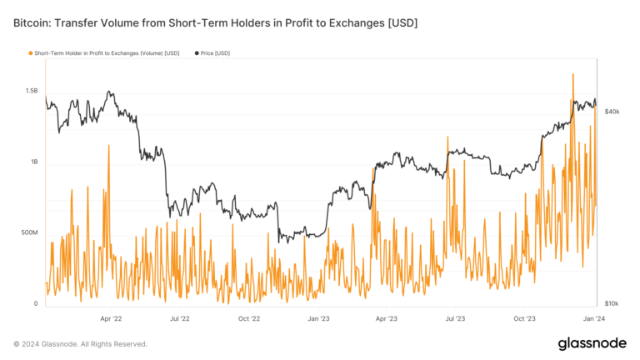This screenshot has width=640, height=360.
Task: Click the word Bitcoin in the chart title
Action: pos(32,22)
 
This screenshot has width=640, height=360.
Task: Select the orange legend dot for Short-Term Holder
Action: pos(31,53)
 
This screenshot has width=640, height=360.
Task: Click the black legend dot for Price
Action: pos(197,53)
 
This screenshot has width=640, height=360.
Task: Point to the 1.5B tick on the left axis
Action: pos(31,90)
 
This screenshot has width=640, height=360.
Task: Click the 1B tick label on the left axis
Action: pos(33,162)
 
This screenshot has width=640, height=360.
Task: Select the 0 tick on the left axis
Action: pos(36,304)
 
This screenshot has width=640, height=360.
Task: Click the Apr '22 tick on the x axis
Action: pos(111,318)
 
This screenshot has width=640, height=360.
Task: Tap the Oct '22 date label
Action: pos(249,318)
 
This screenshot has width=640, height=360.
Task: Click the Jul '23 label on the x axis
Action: pos(455,318)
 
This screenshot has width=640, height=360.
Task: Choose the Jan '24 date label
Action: pos(593,318)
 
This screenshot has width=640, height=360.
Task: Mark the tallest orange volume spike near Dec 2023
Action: pos(573,75)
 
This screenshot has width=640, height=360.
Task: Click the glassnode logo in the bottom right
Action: pos(592,343)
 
